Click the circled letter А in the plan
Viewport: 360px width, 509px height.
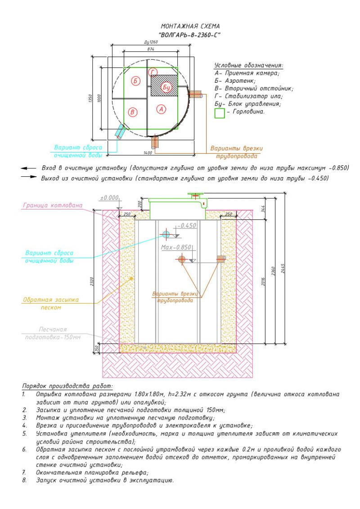click(162, 109)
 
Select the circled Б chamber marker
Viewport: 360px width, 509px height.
click(136, 81)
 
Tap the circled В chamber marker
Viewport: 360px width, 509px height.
click(133, 112)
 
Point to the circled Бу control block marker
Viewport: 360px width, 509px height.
click(166, 87)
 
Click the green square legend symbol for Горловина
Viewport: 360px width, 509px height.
click(220, 113)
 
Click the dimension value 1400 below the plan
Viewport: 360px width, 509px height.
click(148, 152)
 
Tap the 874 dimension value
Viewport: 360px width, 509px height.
click(150, 49)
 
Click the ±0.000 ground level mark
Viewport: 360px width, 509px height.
click(109, 197)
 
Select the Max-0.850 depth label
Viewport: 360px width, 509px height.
click(176, 247)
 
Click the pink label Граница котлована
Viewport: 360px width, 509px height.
click(53, 205)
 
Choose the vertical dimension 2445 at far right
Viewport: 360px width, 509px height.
click(283, 268)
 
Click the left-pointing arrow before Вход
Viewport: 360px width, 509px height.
click(29, 168)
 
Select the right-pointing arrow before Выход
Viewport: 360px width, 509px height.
click(29, 177)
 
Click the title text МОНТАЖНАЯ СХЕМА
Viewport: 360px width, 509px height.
click(190, 26)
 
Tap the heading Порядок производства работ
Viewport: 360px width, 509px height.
click(67, 386)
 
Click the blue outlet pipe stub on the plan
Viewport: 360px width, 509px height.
click(120, 131)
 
